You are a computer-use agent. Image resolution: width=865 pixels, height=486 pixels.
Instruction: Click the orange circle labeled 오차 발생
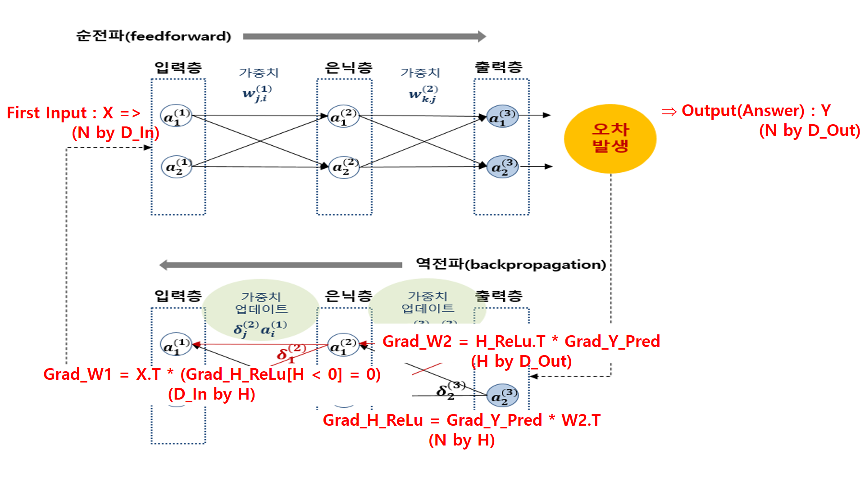(610, 139)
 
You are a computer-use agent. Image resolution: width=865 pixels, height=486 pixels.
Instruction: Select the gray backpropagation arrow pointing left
(281, 265)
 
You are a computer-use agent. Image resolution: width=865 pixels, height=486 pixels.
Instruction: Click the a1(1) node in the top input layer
(176, 116)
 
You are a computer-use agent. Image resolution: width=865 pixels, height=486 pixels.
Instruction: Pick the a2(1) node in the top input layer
(177, 166)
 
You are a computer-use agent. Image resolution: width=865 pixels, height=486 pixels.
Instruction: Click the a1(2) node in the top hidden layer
(343, 116)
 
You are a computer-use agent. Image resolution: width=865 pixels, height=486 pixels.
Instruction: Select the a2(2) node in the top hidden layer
(344, 166)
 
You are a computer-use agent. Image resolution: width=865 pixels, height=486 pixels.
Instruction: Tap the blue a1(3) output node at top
(502, 116)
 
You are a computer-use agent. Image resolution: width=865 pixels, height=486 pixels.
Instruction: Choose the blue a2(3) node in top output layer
(503, 166)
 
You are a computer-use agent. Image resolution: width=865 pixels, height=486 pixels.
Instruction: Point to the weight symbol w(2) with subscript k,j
(423, 94)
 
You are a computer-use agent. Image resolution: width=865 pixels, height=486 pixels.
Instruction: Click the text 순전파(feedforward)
(154, 36)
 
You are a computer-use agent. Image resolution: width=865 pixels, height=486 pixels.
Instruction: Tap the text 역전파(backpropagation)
(511, 264)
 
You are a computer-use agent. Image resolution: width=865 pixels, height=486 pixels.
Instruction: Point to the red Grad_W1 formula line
(212, 374)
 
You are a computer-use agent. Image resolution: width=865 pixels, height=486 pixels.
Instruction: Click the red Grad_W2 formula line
(521, 342)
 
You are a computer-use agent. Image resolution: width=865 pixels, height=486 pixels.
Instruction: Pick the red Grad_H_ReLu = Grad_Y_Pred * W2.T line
(462, 420)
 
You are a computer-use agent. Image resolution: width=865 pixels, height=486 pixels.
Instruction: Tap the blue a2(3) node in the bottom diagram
(503, 396)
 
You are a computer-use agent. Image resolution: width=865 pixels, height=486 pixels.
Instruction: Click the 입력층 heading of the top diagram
(178, 67)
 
